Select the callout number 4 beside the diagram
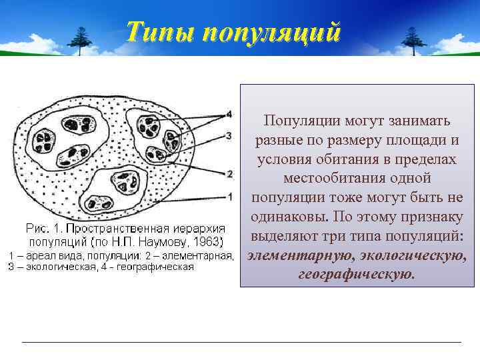click(x=229, y=114)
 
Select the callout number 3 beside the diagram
click(x=229, y=135)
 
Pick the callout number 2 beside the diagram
click(x=230, y=174)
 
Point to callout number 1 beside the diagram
click(x=229, y=197)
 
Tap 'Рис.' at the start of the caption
click(x=35, y=228)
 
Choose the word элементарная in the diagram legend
click(x=199, y=255)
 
